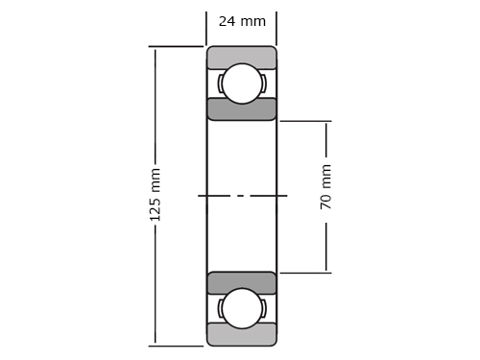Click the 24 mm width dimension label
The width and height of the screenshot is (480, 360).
[242, 21]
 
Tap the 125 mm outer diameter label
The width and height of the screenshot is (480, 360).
[156, 195]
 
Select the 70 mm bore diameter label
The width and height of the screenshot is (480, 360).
[325, 187]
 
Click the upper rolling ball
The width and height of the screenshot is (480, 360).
[242, 84]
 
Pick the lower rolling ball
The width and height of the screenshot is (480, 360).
[242, 308]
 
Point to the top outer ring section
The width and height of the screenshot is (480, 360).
[242, 58]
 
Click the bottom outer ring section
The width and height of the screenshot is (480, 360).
[242, 334]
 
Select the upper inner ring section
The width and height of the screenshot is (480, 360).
[242, 109]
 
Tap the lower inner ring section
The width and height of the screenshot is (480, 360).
[242, 283]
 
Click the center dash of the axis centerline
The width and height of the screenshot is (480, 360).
[242, 196]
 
